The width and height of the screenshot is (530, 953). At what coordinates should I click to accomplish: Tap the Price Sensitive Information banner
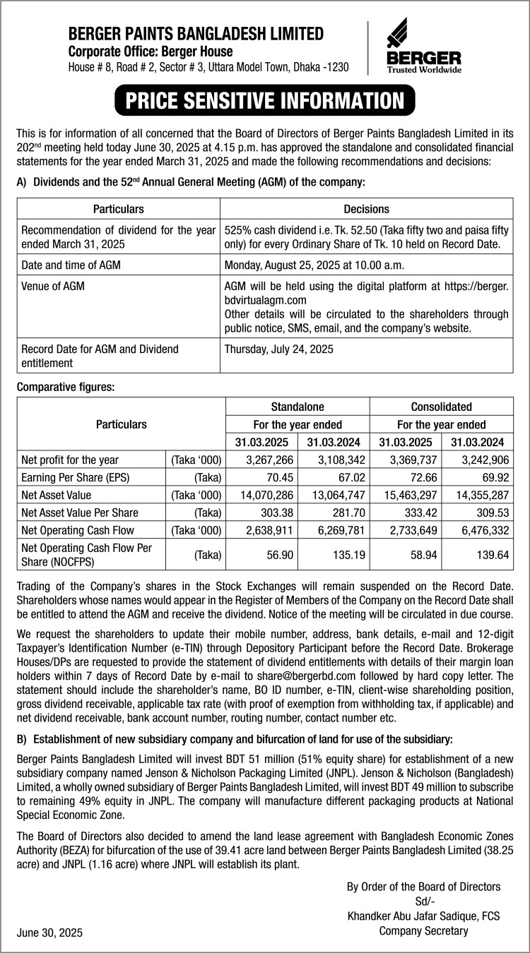264,100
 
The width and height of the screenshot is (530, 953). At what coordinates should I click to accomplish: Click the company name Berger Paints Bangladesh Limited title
196,33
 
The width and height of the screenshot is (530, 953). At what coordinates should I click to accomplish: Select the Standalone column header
298,407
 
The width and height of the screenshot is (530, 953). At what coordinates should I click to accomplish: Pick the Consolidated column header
441,407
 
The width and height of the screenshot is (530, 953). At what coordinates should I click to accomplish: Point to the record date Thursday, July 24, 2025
279,349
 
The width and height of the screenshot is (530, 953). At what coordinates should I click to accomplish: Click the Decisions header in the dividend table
366,209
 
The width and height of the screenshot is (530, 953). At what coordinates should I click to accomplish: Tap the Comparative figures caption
65,386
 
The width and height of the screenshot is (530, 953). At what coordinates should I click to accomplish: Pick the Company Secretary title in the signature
423,930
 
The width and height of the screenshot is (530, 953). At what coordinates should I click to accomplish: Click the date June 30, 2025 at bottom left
49,933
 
